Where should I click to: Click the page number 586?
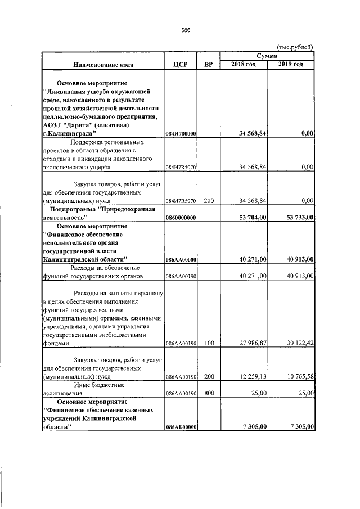(186, 30)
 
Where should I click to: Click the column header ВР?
(209, 64)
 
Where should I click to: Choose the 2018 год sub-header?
(244, 64)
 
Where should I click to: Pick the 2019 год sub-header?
(291, 64)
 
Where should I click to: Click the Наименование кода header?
(102, 65)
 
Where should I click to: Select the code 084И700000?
(181, 134)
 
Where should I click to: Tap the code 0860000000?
(181, 217)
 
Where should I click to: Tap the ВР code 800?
(209, 394)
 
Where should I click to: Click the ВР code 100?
(209, 343)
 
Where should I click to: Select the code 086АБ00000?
(181, 428)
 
